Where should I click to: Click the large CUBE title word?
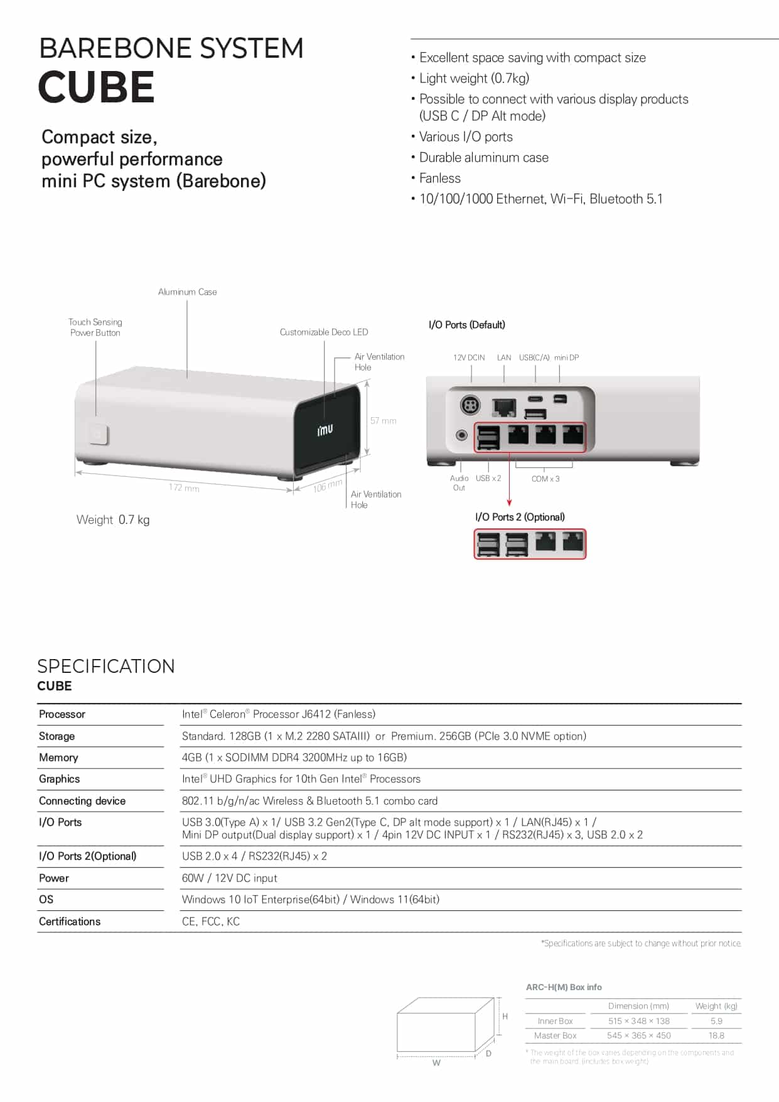pos(96,87)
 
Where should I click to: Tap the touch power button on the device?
pos(98,434)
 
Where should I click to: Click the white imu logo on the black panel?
pos(325,430)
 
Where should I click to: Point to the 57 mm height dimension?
pos(383,420)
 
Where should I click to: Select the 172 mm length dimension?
pos(184,488)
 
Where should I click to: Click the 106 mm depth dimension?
pos(328,486)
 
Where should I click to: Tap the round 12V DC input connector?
pos(470,405)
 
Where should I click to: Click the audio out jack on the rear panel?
pos(462,435)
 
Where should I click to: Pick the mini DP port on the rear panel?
pos(560,399)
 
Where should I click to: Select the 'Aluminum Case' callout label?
pos(187,292)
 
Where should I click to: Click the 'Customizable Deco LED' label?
pos(324,332)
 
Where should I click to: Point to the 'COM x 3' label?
pos(545,479)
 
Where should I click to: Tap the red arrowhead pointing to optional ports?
pos(509,502)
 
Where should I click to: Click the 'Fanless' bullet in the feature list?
pos(439,178)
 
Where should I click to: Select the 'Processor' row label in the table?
pos(62,714)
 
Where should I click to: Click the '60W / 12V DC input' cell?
pos(229,878)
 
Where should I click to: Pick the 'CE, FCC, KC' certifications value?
pos(210,922)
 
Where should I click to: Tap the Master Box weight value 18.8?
pos(716,1035)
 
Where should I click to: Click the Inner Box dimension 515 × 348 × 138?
pos(638,1021)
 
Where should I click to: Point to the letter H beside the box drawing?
pos(505,1016)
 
